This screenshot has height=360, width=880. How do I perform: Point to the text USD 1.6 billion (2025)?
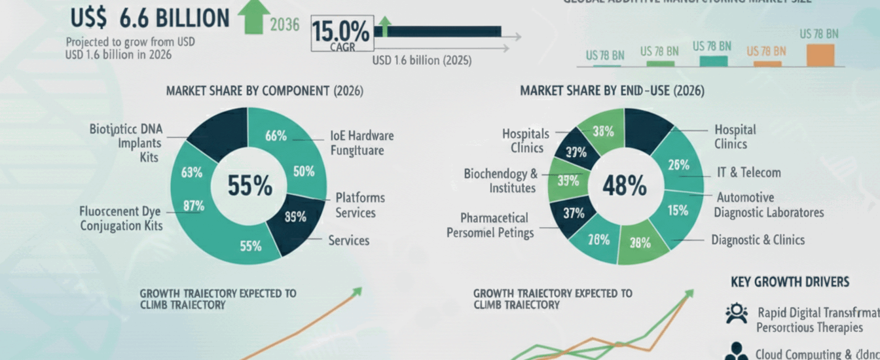click(x=421, y=60)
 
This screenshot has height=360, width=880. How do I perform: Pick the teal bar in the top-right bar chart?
click(x=713, y=61)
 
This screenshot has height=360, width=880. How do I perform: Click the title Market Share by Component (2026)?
click(x=265, y=90)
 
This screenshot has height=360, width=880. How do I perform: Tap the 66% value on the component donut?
click(x=276, y=136)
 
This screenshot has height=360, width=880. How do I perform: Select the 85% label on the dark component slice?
click(x=295, y=217)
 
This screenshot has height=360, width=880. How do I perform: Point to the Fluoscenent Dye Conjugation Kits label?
click(x=121, y=219)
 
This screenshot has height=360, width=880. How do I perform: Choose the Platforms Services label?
click(x=359, y=205)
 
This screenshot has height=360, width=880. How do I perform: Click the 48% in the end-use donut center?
click(x=624, y=187)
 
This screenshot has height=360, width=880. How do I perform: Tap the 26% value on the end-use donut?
click(x=678, y=166)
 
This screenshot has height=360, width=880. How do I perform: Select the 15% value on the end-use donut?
click(x=677, y=210)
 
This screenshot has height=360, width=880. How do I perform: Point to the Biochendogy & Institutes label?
click(x=500, y=181)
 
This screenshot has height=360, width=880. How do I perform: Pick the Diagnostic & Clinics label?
click(x=758, y=240)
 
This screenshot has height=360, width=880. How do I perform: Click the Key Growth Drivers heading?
click(x=790, y=282)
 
